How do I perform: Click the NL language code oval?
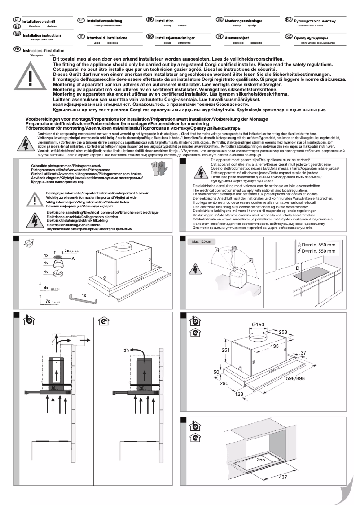(x=17, y=21)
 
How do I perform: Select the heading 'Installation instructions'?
(x=42, y=35)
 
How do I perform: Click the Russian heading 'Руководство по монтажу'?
(x=315, y=21)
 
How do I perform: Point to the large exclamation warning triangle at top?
(x=30, y=75)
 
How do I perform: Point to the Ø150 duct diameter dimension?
(x=258, y=325)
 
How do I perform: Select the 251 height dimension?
(x=212, y=350)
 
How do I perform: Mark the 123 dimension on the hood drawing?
(x=239, y=394)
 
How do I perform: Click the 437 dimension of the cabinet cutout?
(x=282, y=477)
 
